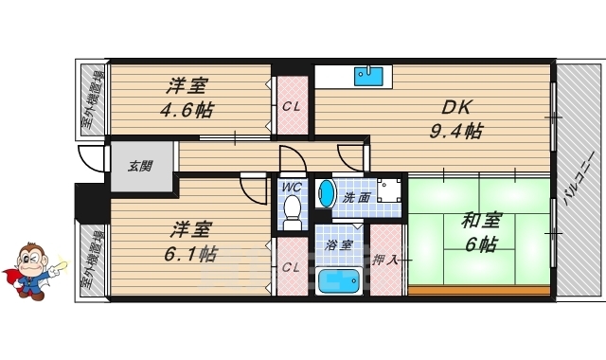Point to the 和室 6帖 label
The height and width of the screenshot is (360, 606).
coord(479,233)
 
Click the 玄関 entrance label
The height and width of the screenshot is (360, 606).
coord(142,169)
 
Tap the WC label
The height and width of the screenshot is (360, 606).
coord(292,187)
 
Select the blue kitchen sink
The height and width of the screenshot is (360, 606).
coord(372,76)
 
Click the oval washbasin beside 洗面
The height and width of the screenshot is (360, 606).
coord(326,192)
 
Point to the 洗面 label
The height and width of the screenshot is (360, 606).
coord(356,198)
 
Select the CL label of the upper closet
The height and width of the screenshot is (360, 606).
coord(292,106)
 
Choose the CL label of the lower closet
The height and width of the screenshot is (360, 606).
coord(292,267)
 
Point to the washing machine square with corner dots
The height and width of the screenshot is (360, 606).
coord(389,189)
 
